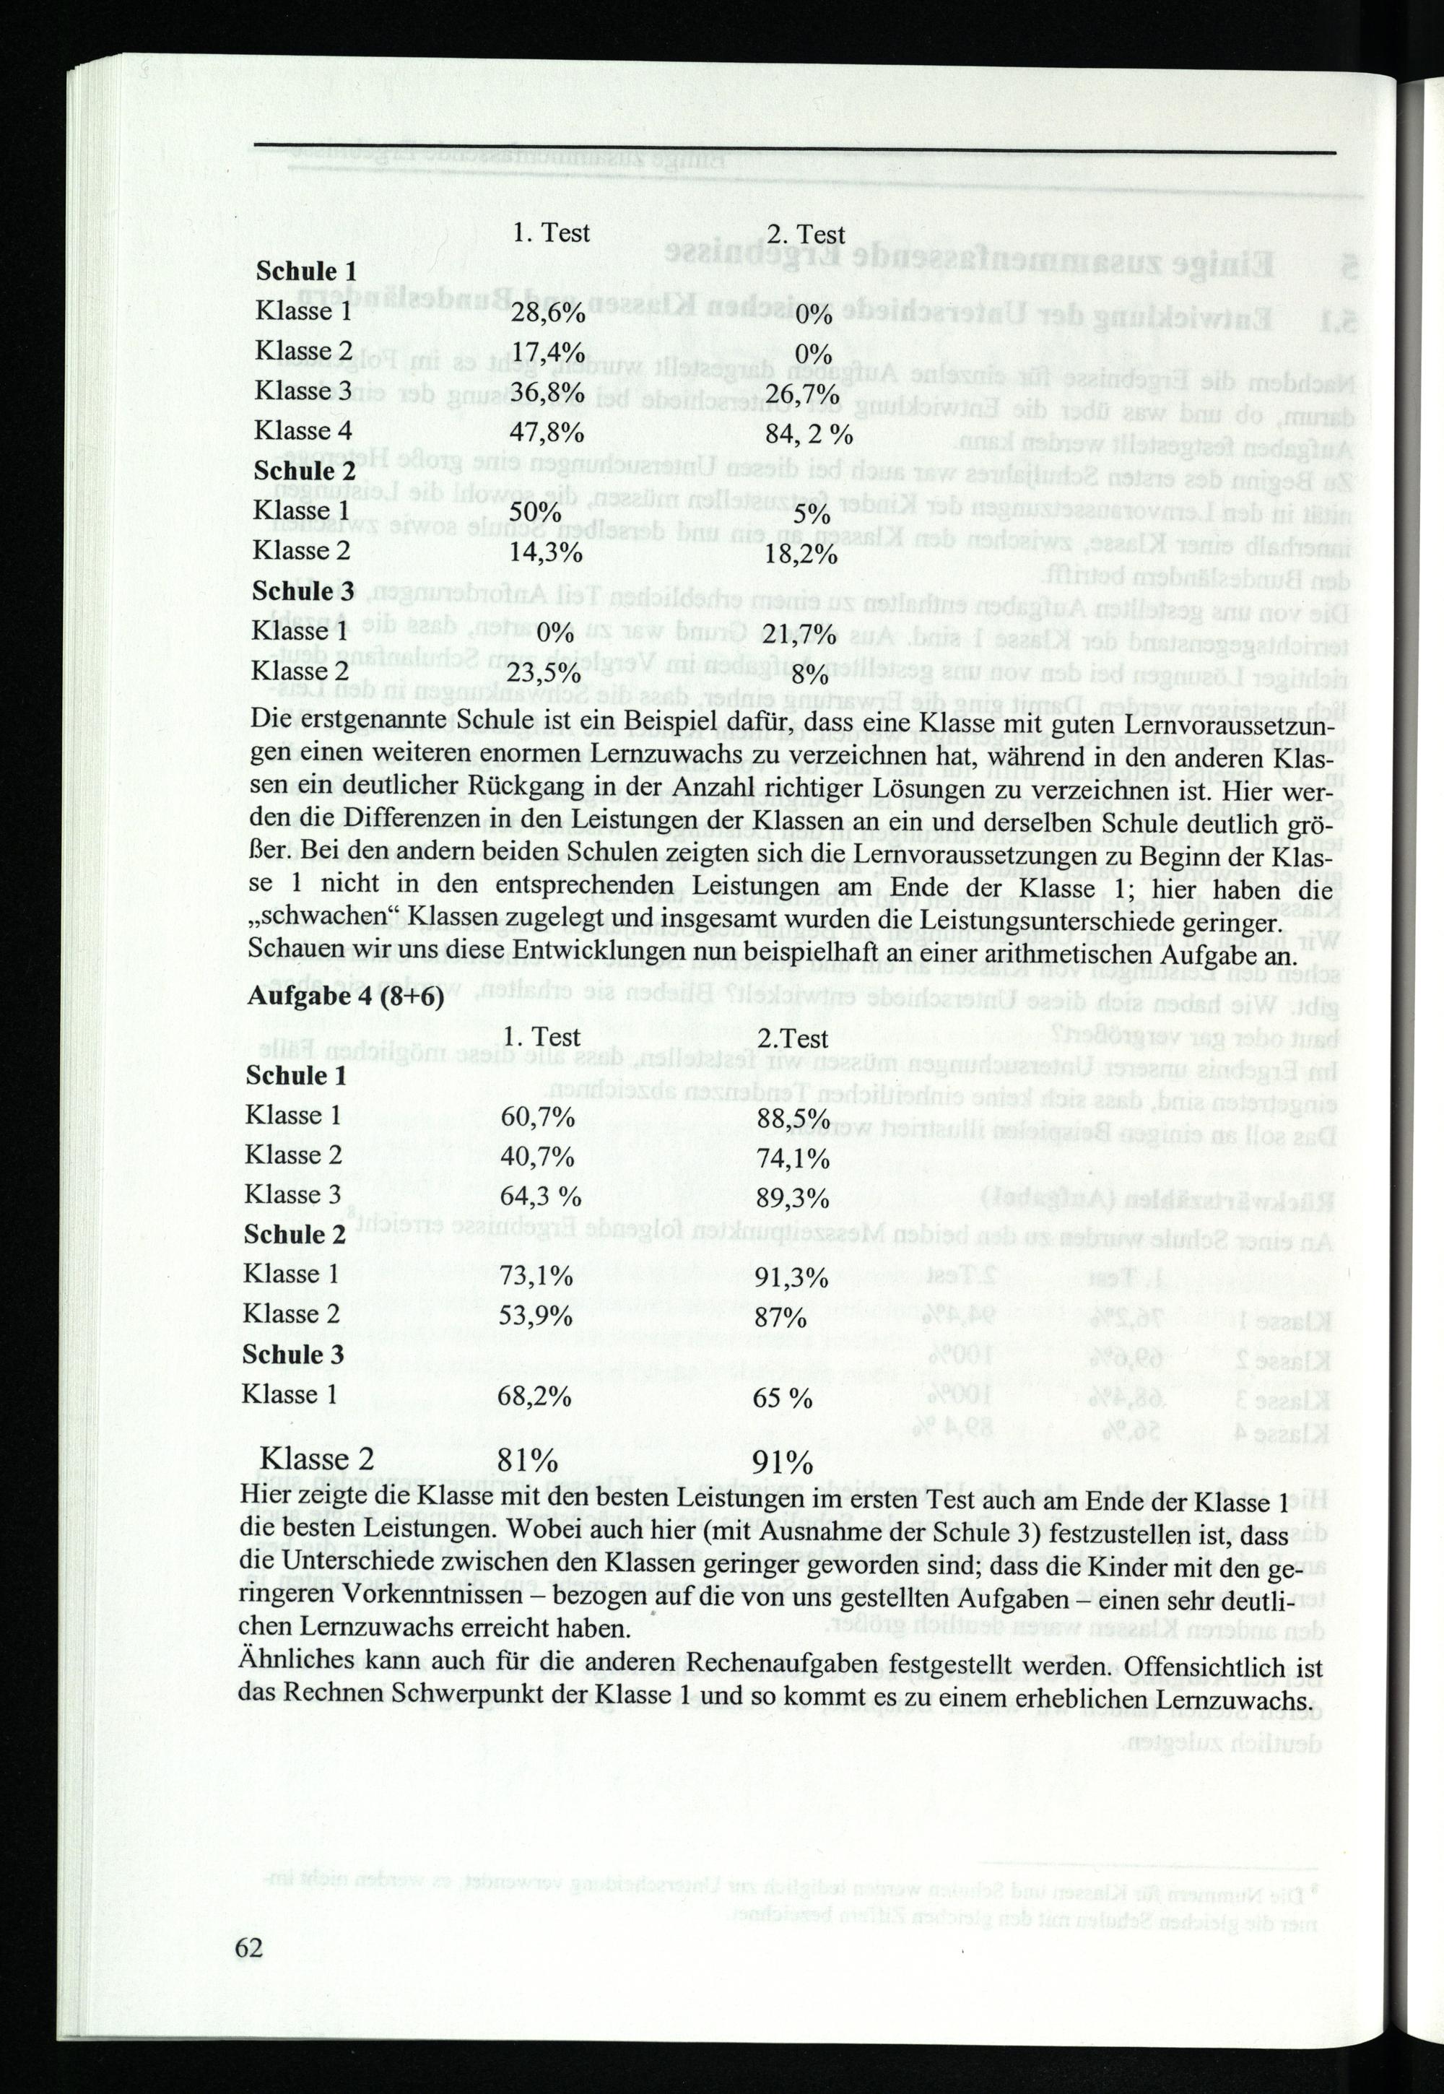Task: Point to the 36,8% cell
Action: coord(547,393)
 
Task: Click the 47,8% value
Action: coord(547,433)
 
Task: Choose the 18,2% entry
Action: coord(801,554)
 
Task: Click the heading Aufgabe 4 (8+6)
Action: coord(344,996)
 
